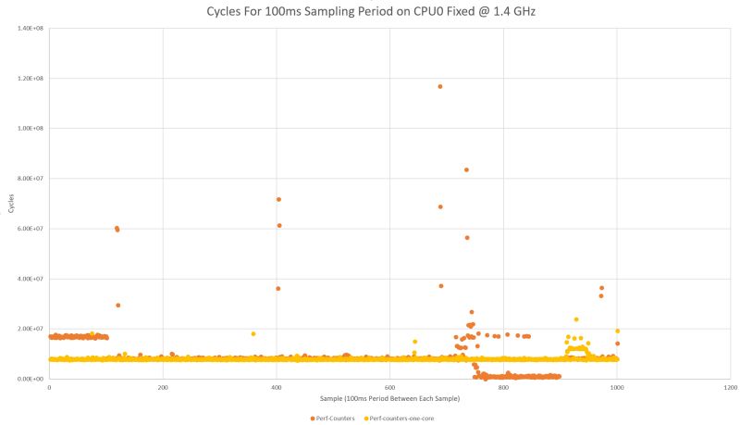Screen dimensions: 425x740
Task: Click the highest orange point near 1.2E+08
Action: click(x=440, y=86)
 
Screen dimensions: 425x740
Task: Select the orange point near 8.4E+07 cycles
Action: click(x=466, y=169)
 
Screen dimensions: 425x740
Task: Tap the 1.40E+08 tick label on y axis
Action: click(x=28, y=28)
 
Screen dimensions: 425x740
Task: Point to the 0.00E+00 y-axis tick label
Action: click(x=28, y=379)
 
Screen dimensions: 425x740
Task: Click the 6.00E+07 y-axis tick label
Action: click(x=28, y=229)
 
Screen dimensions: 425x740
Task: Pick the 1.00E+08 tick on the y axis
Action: click(x=28, y=128)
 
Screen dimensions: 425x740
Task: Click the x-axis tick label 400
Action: click(x=276, y=388)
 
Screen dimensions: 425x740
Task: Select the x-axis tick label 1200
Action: click(x=730, y=388)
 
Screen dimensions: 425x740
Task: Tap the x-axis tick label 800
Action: click(x=503, y=388)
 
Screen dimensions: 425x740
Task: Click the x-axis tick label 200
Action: click(x=163, y=388)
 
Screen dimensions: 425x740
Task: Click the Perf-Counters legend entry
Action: click(x=334, y=418)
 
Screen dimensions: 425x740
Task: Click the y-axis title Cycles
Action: click(x=10, y=204)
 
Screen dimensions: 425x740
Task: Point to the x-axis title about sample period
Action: click(x=388, y=398)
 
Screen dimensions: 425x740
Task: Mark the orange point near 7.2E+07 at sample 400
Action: click(x=277, y=199)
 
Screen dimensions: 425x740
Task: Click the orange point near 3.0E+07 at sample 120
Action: click(x=118, y=305)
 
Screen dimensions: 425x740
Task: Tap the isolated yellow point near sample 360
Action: click(x=253, y=333)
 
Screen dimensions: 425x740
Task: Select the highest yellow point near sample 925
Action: click(x=575, y=319)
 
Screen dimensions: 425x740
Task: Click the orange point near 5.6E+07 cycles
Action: click(x=467, y=238)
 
